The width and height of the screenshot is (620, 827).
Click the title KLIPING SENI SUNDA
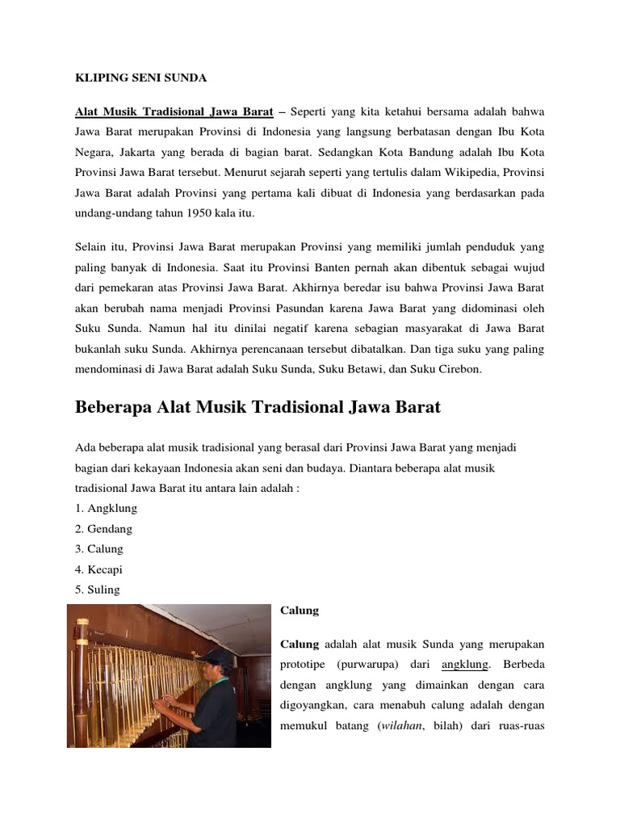pyautogui.click(x=140, y=78)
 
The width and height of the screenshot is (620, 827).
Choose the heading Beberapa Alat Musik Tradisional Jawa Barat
pyautogui.click(x=258, y=407)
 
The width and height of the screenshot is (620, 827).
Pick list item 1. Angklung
pyautogui.click(x=106, y=508)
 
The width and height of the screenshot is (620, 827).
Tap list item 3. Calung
pyautogui.click(x=99, y=548)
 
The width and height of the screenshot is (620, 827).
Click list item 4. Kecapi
pyautogui.click(x=99, y=569)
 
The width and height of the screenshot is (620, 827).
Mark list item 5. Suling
pyautogui.click(x=98, y=590)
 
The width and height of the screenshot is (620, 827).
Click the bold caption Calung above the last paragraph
pyautogui.click(x=299, y=611)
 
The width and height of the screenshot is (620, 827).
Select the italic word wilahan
pyautogui.click(x=408, y=726)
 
